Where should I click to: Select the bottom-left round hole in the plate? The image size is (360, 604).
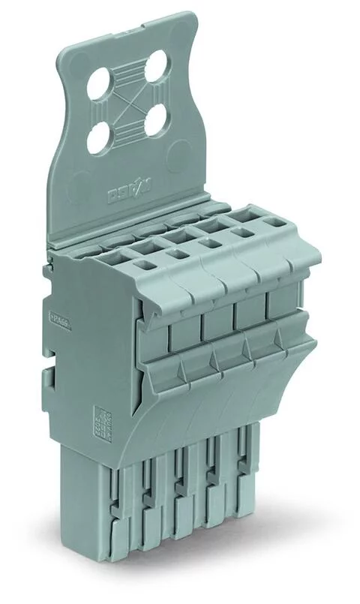(99, 137)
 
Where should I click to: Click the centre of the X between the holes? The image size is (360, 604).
(127, 102)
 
